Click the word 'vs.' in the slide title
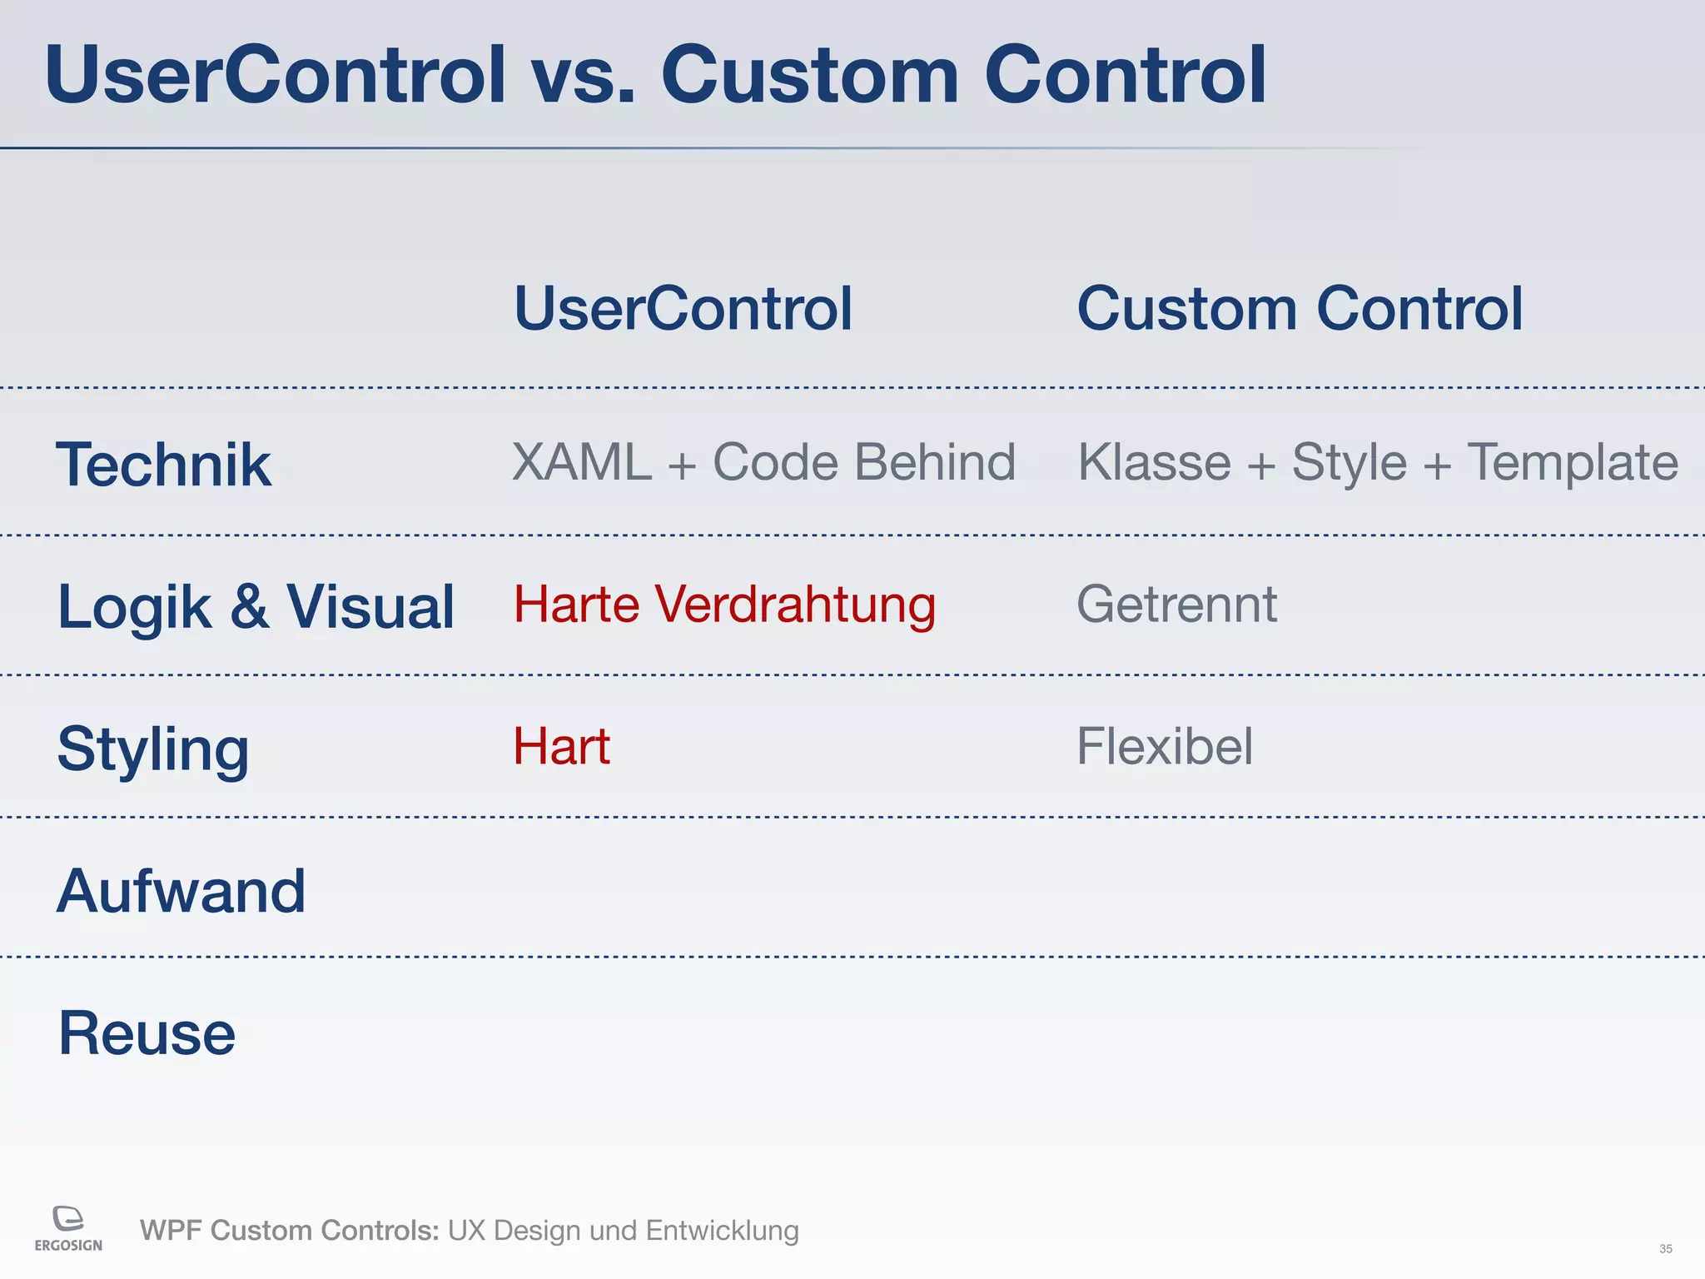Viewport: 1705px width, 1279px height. coord(583,77)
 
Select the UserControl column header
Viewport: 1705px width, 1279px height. coord(683,308)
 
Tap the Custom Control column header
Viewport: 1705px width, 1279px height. coord(1300,308)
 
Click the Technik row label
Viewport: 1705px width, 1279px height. coord(163,465)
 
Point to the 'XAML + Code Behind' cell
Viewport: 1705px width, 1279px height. coord(763,462)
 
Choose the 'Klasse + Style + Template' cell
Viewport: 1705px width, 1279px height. coord(1378,463)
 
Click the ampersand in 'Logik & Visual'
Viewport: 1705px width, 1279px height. coord(249,606)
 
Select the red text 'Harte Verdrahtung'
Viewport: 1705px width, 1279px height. coord(724,605)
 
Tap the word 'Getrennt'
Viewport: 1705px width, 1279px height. coord(1176,605)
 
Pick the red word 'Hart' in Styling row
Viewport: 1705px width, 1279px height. coord(561,746)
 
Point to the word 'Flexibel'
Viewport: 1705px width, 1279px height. coord(1165,746)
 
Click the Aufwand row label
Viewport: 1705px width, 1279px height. coord(181,891)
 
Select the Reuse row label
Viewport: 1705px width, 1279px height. coord(147,1033)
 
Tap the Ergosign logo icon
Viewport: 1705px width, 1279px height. coord(68,1218)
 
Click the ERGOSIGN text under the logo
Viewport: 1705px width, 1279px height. coord(68,1246)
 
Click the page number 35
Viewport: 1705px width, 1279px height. coord(1665,1249)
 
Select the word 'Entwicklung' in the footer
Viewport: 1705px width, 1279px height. coord(722,1231)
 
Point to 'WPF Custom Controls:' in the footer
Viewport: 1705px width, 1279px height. coord(289,1231)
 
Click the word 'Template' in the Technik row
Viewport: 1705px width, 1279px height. coord(1572,463)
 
